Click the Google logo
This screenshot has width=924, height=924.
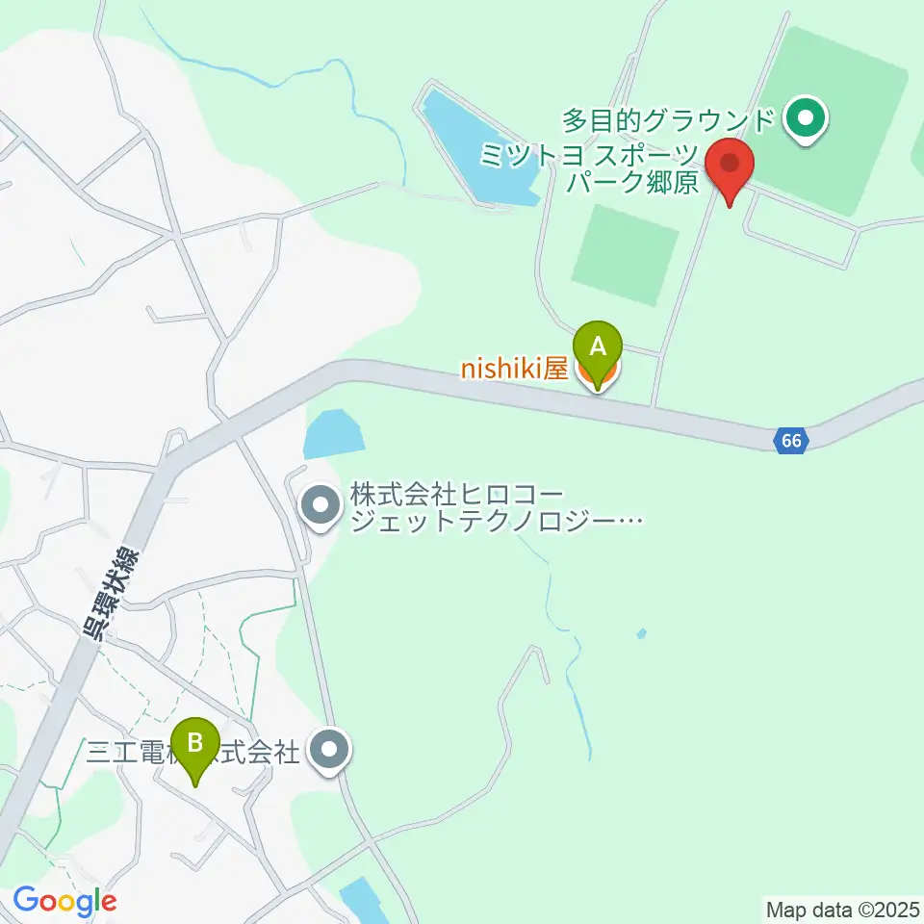click(64, 902)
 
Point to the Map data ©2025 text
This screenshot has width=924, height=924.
click(842, 908)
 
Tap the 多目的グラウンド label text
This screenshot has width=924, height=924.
click(669, 121)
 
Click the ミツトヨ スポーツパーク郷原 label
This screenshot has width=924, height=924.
click(590, 167)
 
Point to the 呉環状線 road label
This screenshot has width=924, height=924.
click(109, 595)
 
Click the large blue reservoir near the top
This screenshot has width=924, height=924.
click(477, 150)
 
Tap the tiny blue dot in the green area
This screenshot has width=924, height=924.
click(642, 633)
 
